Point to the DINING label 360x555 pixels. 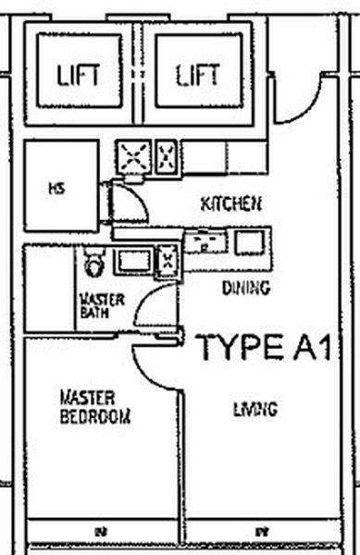click(x=245, y=288)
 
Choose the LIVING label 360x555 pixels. click(x=255, y=408)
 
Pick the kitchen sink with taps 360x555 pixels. click(x=205, y=242)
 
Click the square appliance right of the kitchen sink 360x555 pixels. click(x=248, y=242)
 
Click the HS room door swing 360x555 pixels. click(x=127, y=202)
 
